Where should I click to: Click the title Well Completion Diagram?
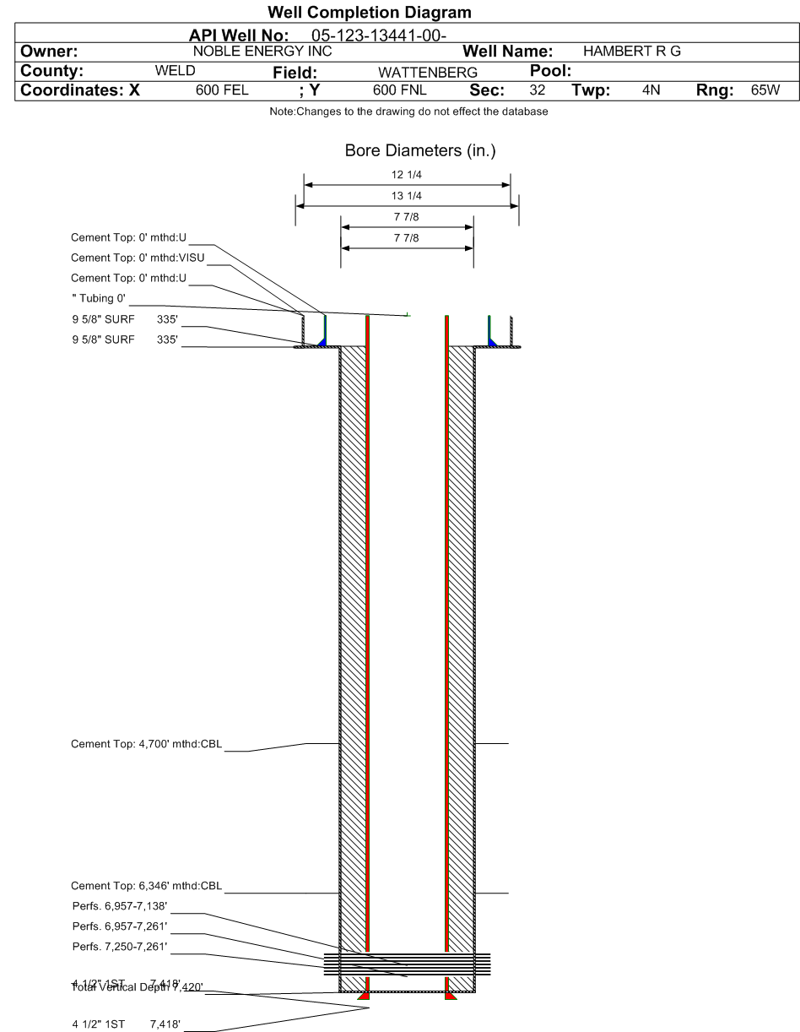click(369, 13)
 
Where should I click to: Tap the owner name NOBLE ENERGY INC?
click(263, 52)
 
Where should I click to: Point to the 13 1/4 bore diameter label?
click(408, 197)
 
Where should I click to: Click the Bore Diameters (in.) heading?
click(408, 152)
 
